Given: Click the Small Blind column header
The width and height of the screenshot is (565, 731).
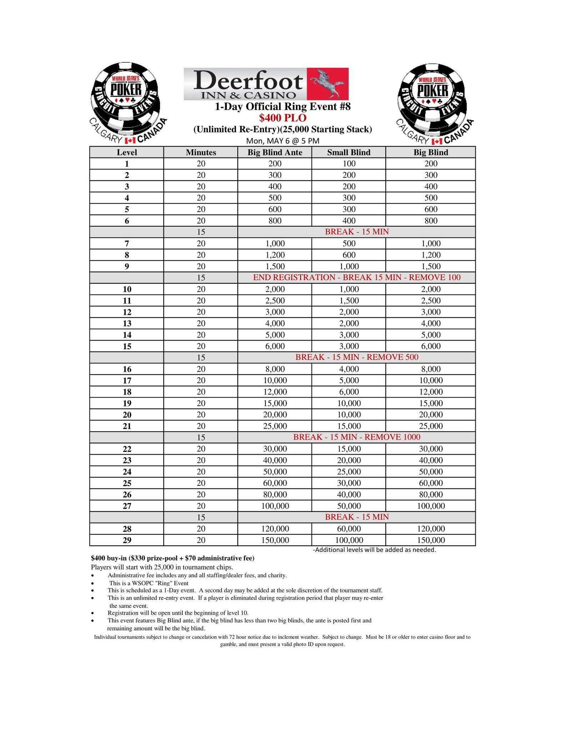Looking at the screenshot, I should [349, 152].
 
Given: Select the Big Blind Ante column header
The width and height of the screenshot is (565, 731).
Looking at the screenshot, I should [275, 152].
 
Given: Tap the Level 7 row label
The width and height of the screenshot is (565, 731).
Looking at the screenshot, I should [127, 244].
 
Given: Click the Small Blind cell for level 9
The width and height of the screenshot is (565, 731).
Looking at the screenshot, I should [349, 267].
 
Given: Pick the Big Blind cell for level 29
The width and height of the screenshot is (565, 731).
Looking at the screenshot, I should [431, 540].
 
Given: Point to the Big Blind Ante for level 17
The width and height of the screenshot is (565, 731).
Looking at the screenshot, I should [275, 380].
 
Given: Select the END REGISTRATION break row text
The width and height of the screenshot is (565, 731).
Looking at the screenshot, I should [357, 277].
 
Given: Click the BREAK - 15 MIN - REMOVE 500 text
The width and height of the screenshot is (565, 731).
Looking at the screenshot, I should [357, 357].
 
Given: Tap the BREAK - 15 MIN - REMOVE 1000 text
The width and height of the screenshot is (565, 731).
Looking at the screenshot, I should [357, 437].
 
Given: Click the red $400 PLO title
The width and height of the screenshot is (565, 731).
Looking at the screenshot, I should [283, 118].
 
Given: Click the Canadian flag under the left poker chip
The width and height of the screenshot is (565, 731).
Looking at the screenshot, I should [130, 140].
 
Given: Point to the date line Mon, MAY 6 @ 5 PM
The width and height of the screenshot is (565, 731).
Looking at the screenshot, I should [283, 141].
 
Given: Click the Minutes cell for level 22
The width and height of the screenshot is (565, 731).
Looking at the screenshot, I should [201, 449].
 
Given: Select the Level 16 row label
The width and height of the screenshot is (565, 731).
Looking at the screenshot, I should [127, 369].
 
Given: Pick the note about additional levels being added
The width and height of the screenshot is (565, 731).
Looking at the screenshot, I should [374, 550].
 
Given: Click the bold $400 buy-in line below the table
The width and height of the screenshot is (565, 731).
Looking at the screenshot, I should [173, 558].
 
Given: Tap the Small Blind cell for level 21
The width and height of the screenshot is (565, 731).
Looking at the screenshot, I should [349, 426].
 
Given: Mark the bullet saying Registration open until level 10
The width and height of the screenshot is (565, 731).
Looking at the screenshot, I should [178, 613].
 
